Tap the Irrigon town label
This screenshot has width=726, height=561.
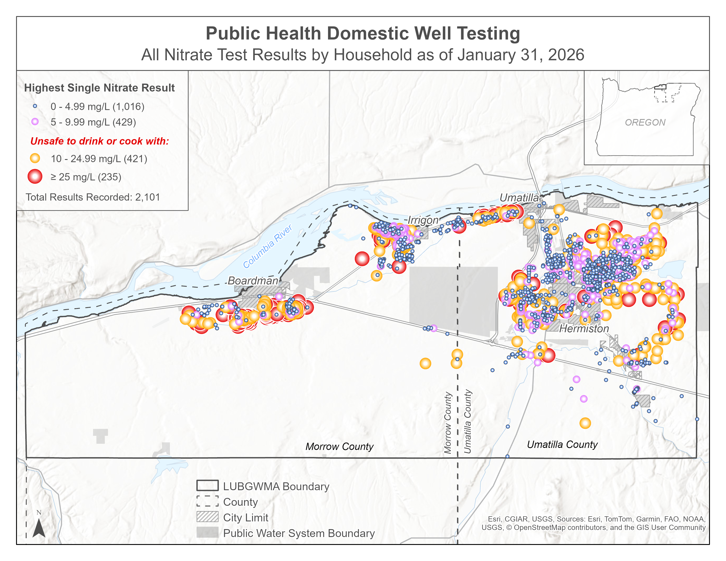tap(423, 220)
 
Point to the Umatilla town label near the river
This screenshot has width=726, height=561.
tap(519, 198)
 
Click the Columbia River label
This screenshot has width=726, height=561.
tap(267, 246)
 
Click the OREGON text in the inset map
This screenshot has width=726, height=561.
tap(645, 122)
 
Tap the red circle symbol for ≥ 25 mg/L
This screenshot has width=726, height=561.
tap(35, 176)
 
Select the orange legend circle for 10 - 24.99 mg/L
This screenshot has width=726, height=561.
tap(35, 158)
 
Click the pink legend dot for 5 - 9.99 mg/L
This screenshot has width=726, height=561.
tap(35, 122)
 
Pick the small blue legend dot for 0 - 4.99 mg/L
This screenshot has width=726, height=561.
tap(35, 106)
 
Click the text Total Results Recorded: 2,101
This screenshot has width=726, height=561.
tap(93, 197)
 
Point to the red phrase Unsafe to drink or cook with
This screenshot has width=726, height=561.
tap(99, 141)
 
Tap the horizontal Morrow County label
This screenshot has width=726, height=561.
tap(339, 446)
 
